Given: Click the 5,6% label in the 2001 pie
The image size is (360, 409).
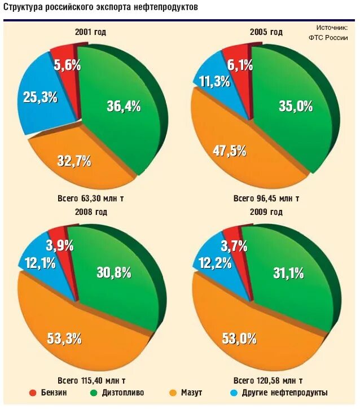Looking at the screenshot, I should click(67, 65).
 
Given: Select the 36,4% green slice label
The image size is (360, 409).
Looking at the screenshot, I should click(123, 106).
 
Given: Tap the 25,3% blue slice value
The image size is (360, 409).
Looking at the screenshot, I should click(40, 97).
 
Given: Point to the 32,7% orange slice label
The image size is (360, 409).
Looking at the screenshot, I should click(74, 160).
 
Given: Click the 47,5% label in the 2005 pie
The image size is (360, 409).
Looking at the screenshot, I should click(229, 151).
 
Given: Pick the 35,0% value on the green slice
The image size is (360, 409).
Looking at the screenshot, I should click(296, 105).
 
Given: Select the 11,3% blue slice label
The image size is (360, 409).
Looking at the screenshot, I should click(214, 82).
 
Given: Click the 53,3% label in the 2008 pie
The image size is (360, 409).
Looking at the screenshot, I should click(64, 338).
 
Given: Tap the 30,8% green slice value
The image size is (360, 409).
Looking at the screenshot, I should click(114, 272).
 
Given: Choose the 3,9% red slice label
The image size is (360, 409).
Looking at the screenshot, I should click(59, 245).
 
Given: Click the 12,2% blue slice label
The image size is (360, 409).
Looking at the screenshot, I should click(211, 262).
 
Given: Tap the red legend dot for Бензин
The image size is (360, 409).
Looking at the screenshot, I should click(33, 393).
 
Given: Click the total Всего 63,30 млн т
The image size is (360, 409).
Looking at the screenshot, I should click(91, 199).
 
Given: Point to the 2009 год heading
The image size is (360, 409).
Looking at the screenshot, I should click(265, 212).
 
